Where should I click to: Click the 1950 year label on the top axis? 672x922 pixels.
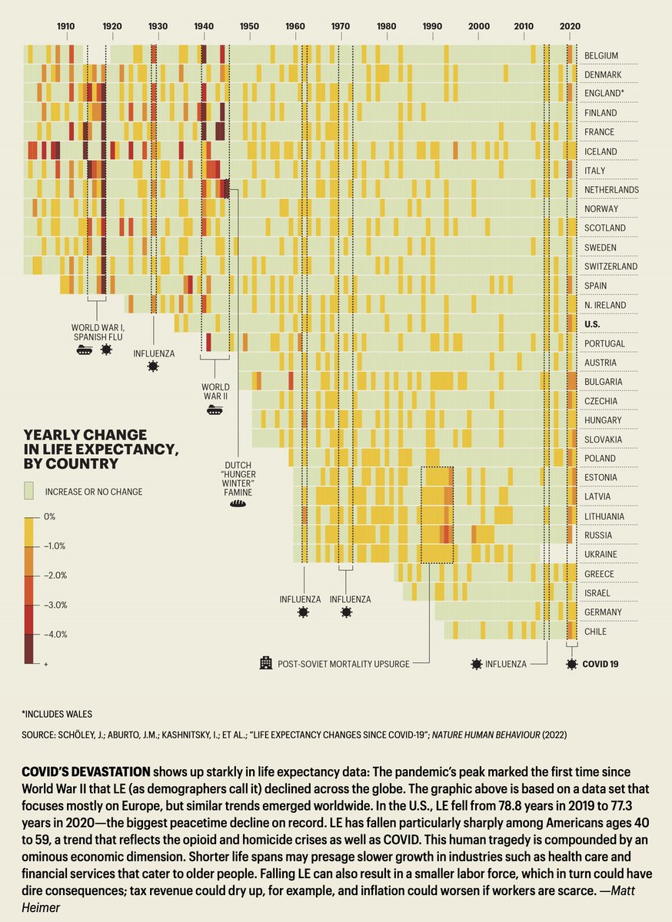pos(249,26)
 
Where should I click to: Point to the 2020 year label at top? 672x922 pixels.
pos(570,26)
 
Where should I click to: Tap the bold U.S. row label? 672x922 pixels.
pos(592,324)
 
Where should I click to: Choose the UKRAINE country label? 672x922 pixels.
pos(600,555)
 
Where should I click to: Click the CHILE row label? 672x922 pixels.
pos(595,632)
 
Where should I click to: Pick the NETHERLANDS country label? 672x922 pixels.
pos(611,190)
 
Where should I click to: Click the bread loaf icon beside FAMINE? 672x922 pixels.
pos(238,505)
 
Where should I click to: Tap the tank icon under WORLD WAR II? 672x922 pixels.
pos(215,410)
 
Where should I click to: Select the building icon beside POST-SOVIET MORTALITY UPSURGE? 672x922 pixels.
pos(266,662)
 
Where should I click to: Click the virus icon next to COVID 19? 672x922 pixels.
pos(571,663)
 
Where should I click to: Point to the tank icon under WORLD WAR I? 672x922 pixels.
pos(85,350)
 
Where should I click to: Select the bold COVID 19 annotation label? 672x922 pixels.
pos(600,663)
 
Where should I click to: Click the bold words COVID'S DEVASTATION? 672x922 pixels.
pos(85,771)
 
